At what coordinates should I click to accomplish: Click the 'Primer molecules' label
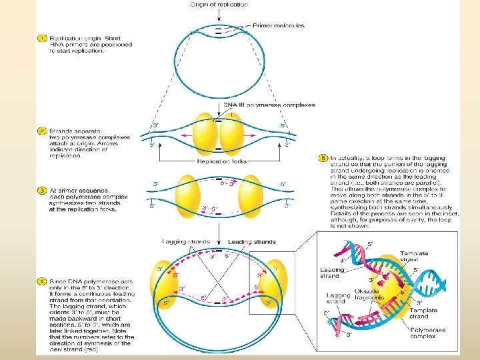[x=278, y=25]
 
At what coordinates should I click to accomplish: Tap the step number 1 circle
[x=42, y=39]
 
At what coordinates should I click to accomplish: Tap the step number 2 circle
[x=42, y=131]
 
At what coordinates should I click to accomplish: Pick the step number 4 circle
[x=42, y=283]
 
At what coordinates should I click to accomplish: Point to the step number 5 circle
[x=323, y=158]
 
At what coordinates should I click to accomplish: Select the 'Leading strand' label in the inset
[x=332, y=273]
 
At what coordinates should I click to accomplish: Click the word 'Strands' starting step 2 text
[x=61, y=131]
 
